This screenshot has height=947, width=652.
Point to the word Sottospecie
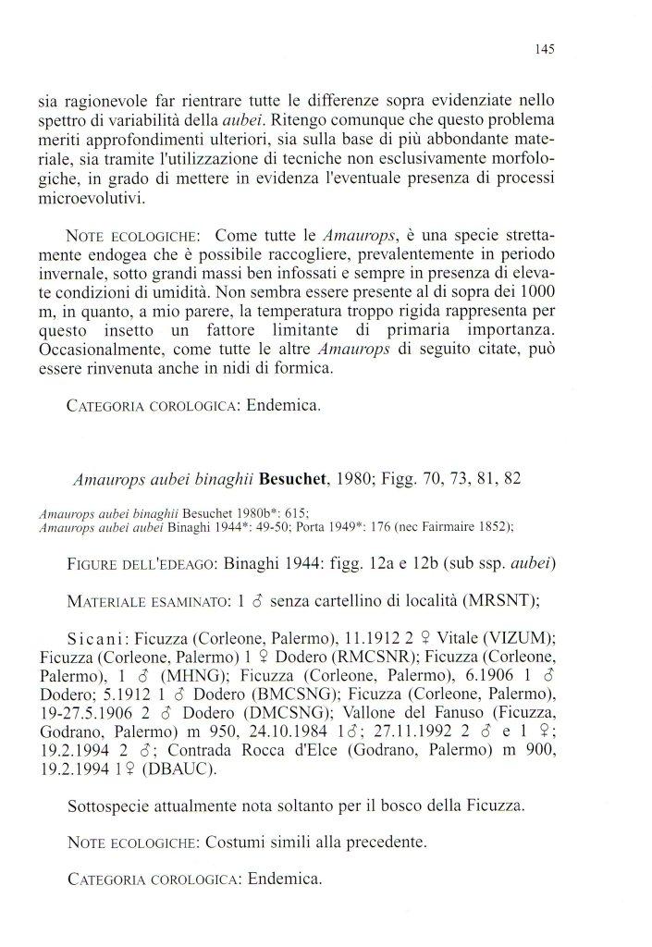coord(111,806)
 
